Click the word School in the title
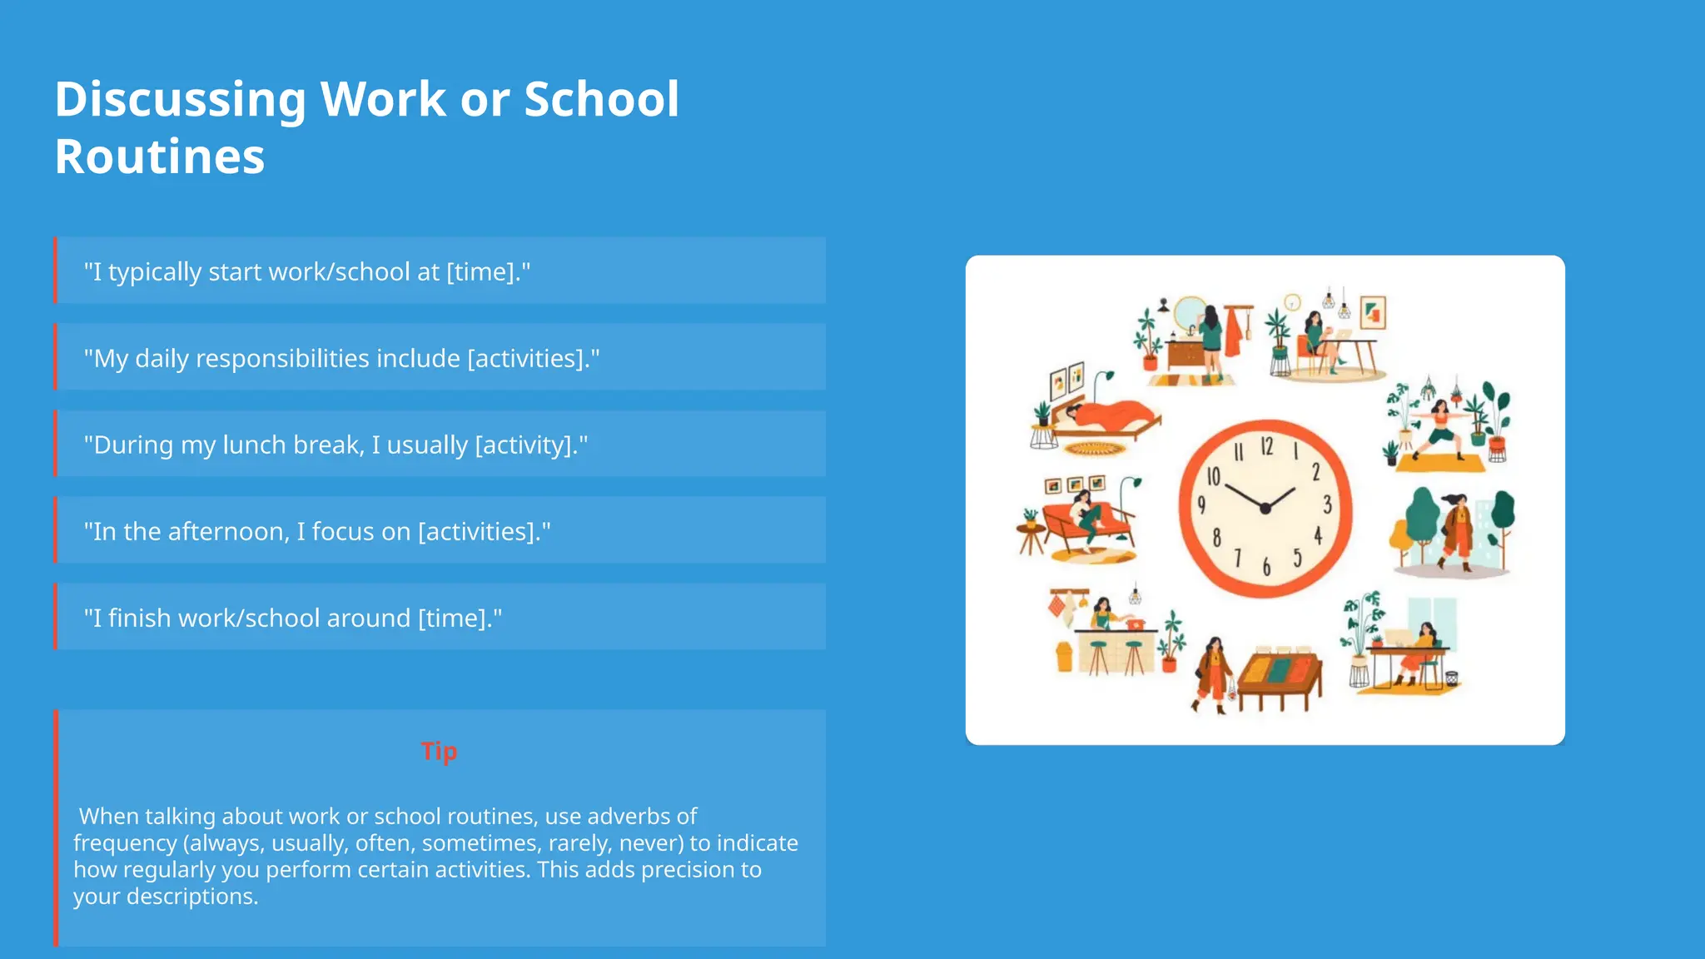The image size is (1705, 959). (601, 100)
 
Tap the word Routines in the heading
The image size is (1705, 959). (160, 157)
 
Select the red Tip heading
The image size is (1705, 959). (439, 751)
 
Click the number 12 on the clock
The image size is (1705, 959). (1266, 447)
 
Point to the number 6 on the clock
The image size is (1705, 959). (1266, 568)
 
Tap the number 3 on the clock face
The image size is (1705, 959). (1327, 504)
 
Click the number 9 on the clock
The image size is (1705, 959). (1201, 504)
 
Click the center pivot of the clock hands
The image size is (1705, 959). (1265, 508)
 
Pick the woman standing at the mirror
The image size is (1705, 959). (1211, 337)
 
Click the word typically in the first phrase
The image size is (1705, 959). (155, 272)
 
